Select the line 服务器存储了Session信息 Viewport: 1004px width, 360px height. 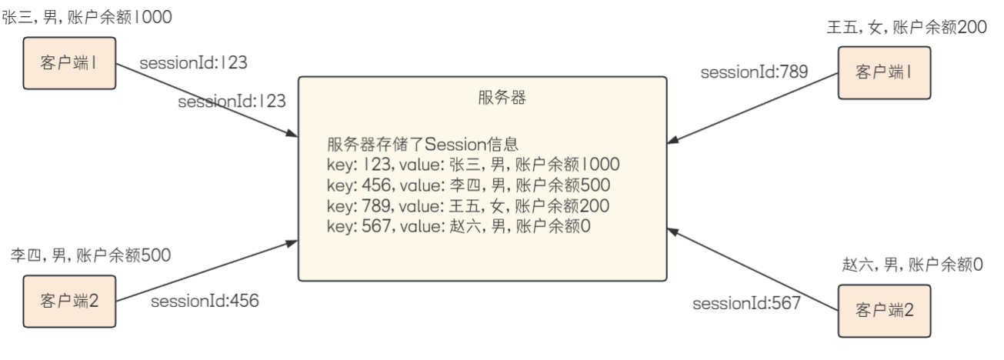(x=423, y=145)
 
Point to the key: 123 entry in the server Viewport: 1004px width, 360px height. (x=472, y=165)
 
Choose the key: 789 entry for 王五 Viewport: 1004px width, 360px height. (x=468, y=206)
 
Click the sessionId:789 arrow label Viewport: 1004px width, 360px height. (x=753, y=73)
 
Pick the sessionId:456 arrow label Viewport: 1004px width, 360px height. (x=204, y=301)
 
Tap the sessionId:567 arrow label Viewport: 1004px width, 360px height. (x=746, y=303)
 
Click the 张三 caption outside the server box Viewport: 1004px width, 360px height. (x=87, y=17)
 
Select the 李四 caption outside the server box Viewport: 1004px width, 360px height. (x=90, y=254)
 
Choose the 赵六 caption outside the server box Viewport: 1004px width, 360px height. (x=912, y=265)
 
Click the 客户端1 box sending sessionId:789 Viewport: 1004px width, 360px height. (x=884, y=72)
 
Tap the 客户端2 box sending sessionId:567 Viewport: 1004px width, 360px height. (x=884, y=310)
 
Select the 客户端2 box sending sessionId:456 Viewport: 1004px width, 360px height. (x=69, y=299)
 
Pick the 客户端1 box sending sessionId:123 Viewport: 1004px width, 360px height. (x=69, y=62)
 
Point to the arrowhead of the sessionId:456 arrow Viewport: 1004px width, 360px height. (x=292, y=242)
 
